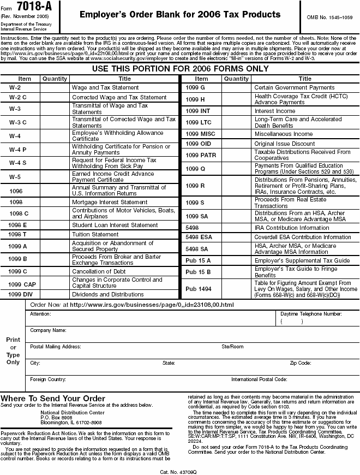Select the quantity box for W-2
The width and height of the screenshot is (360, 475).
55,87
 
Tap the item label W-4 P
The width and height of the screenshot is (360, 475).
18,149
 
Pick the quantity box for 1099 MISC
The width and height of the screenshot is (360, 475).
236,134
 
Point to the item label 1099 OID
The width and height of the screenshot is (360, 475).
198,144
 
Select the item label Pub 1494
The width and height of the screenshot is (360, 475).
199,289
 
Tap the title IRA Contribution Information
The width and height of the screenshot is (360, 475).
292,228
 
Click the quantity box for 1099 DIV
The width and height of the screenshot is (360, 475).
55,294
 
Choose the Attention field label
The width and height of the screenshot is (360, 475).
40,314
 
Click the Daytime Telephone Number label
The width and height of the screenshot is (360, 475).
311,314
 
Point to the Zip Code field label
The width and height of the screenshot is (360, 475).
301,363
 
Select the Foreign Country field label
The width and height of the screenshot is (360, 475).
48,379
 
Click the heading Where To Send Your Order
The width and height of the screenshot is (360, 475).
53,398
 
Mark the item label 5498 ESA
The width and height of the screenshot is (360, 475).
199,238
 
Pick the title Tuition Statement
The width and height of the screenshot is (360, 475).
95,235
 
